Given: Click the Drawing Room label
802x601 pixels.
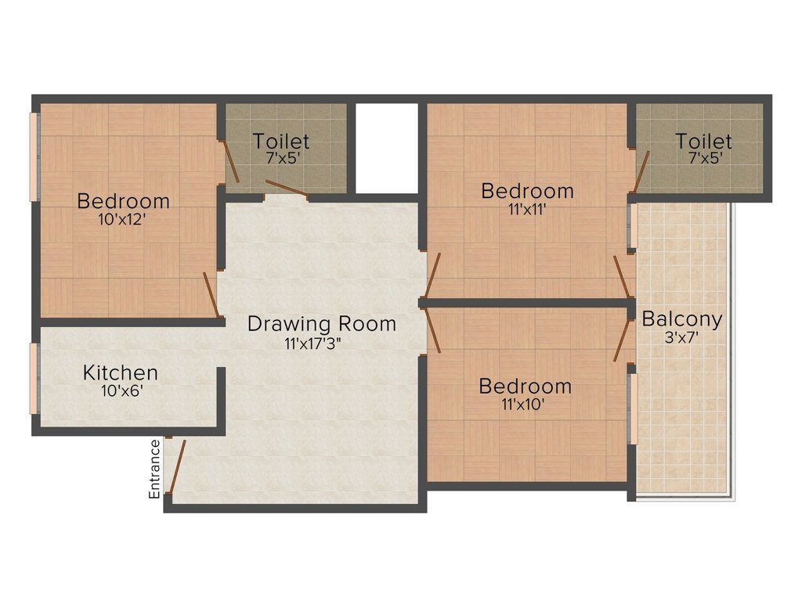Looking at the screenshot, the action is [322, 324].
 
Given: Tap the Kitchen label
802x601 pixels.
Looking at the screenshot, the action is [120, 372].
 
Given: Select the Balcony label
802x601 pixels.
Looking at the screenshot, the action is [682, 319].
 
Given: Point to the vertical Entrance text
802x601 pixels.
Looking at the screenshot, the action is [154, 470].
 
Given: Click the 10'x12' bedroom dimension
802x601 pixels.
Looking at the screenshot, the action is [123, 220].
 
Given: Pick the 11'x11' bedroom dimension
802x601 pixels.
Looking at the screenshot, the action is [527, 209].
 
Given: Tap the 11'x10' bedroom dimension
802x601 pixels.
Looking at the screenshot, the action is [522, 405].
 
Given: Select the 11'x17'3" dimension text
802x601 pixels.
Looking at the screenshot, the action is [313, 344].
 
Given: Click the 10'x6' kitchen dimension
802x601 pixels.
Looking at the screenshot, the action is [121, 391].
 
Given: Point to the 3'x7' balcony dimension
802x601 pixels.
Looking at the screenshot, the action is [681, 337].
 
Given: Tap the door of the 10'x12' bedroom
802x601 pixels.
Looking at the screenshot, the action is [211, 295].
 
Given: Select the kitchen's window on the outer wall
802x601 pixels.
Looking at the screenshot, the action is [34, 378].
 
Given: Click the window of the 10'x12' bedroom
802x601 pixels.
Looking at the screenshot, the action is [34, 157].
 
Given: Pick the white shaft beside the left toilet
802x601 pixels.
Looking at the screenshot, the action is [387, 148].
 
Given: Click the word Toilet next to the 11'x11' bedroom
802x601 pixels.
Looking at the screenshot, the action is [704, 141].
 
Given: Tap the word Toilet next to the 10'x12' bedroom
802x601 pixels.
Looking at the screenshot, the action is [281, 141].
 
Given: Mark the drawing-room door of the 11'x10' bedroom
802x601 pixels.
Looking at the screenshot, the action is [432, 332].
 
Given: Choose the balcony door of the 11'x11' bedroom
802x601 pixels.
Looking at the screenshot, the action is [622, 276].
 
